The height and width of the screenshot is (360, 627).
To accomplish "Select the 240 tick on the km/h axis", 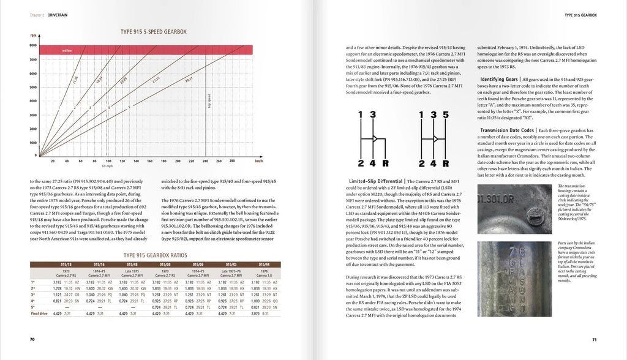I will tap(205, 162).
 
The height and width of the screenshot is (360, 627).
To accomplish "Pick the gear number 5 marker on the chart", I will tap(129, 107).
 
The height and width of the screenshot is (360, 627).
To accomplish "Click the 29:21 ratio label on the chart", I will tap(189, 80).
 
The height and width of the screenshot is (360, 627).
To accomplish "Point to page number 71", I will tap(593, 339).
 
